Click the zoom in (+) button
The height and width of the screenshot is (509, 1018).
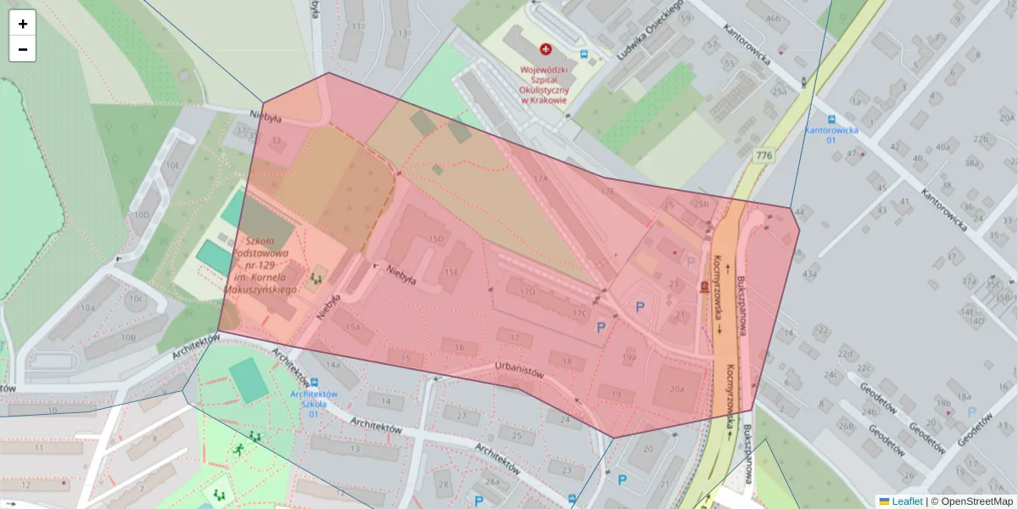tap(23, 24)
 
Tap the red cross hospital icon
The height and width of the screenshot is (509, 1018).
tap(545, 50)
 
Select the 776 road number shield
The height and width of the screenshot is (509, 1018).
tap(763, 155)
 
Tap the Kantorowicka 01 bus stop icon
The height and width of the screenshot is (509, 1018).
tap(831, 119)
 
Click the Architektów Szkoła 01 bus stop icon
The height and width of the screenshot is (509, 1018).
tap(314, 383)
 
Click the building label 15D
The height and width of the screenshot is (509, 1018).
tap(436, 239)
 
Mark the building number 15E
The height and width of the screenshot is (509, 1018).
tap(452, 271)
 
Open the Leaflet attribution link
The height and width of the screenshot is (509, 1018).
tap(906, 501)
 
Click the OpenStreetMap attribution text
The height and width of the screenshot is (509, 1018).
tap(971, 501)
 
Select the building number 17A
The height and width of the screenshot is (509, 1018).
tap(541, 179)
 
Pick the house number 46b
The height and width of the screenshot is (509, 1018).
tap(772, 18)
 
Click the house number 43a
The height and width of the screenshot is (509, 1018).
tap(809, 273)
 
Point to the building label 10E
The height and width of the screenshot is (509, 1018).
tap(173, 166)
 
